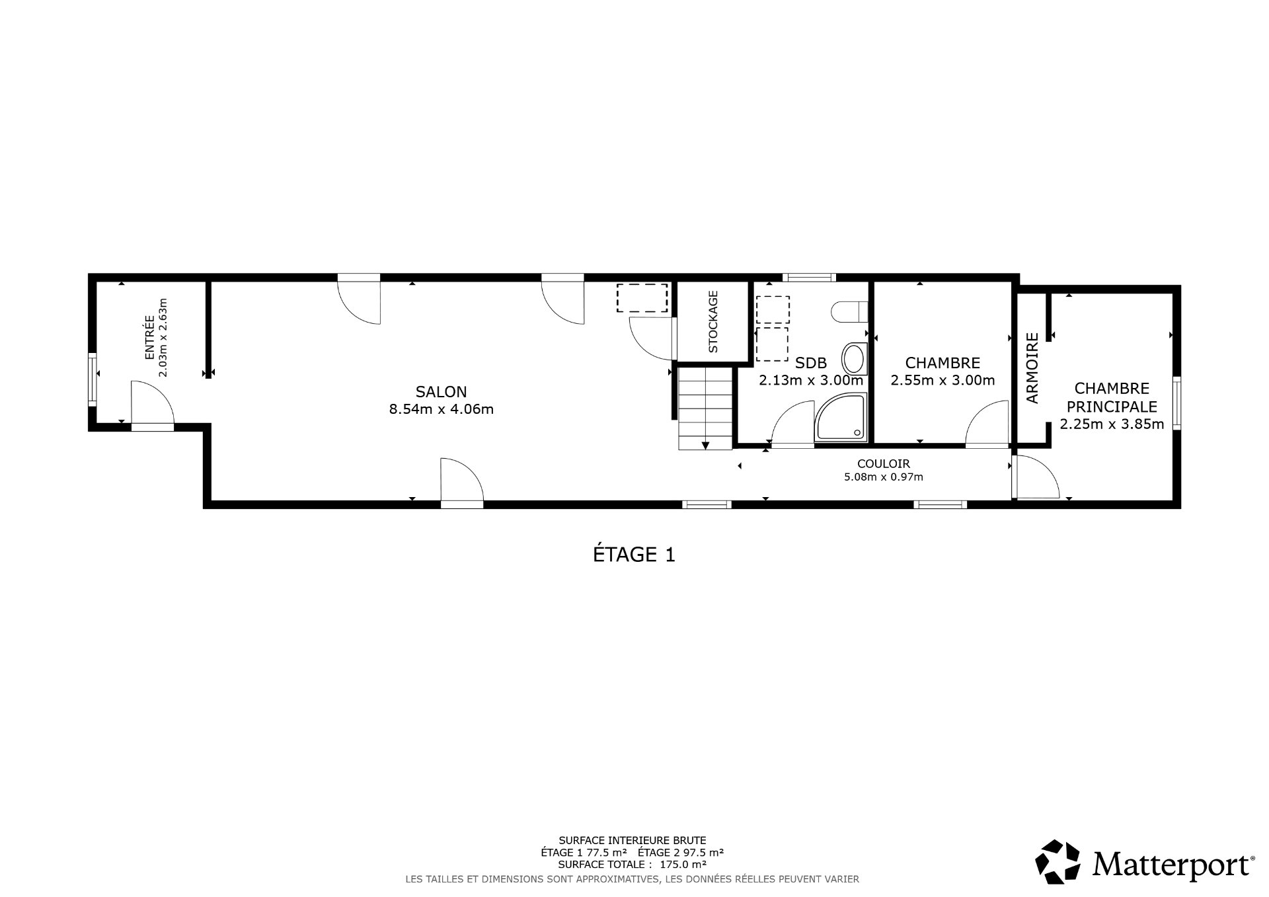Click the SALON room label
tap(441, 391)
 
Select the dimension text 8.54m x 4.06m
tap(441, 409)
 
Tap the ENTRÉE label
tap(149, 338)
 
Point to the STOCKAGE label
tap(713, 322)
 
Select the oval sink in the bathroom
tap(853, 359)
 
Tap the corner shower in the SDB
tap(841, 417)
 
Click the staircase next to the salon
tap(705, 409)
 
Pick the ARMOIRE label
tap(1032, 368)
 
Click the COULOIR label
tap(883, 464)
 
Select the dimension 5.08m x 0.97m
tap(883, 477)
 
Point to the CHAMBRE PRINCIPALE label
tap(1112, 397)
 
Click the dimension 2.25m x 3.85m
tap(1112, 424)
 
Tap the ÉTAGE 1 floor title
tap(634, 554)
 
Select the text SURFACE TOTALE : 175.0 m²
tap(632, 864)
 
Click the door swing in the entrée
tap(152, 403)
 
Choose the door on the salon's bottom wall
tap(462, 482)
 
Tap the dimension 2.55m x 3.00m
tap(942, 380)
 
